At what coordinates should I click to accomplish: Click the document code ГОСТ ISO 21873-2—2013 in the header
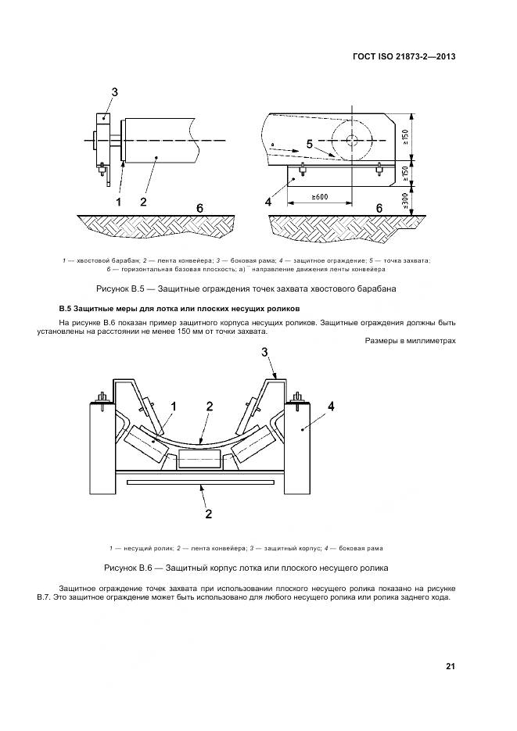coord(404,56)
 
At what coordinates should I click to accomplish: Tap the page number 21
coord(451,667)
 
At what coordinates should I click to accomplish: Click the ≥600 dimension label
coord(320,196)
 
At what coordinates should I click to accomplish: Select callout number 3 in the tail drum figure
coord(114,92)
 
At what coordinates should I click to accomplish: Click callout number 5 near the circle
coord(309,144)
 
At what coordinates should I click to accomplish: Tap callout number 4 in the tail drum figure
coord(268,202)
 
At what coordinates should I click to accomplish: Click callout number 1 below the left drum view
coord(119,202)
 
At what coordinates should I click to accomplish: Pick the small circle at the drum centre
coord(350,140)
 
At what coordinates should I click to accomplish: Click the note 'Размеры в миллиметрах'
coord(410,340)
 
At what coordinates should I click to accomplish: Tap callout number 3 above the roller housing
coord(264,353)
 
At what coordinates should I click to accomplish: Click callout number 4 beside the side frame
coord(331,406)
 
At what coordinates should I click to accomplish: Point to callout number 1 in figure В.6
coord(174,406)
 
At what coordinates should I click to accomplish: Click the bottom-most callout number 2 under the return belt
coord(208,514)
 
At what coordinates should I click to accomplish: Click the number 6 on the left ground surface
coord(200,207)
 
